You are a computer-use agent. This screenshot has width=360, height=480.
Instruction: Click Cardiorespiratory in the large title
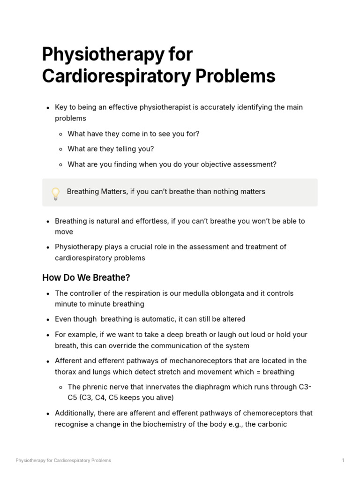(x=117, y=76)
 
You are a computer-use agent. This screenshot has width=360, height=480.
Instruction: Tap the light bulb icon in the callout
(x=55, y=193)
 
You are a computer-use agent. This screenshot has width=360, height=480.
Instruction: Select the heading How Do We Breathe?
(x=86, y=277)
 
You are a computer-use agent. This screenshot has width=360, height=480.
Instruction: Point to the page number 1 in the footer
(x=343, y=460)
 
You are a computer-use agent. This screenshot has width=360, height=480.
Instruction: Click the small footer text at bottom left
(x=63, y=460)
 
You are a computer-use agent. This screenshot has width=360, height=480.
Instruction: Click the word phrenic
(x=94, y=387)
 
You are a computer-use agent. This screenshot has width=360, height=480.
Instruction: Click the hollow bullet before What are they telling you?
(x=61, y=149)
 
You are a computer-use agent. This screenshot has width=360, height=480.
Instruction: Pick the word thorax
(x=66, y=372)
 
